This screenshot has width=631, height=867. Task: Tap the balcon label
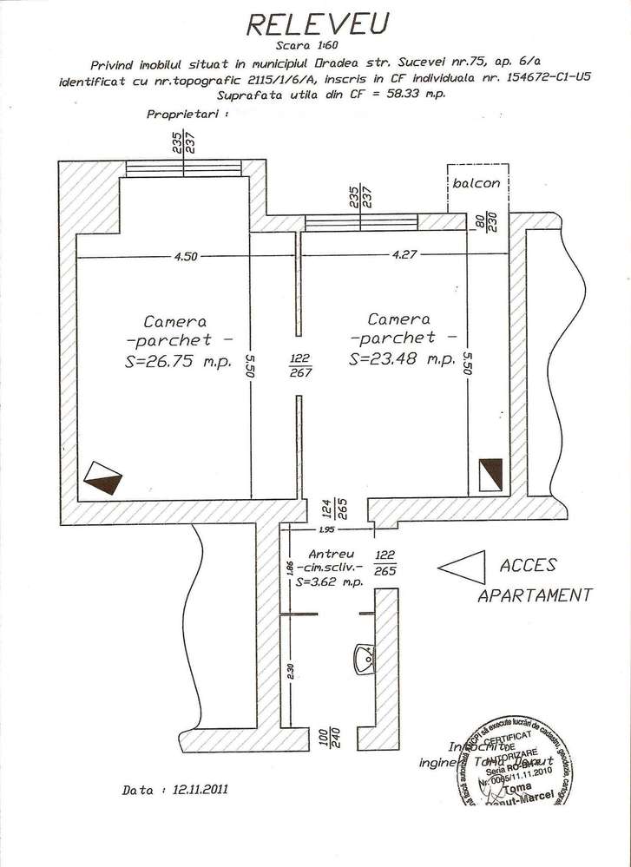pos(477,183)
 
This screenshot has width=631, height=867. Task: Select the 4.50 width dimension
pos(187,255)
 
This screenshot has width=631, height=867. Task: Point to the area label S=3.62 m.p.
pos(329,583)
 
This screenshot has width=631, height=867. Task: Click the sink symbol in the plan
pos(365,659)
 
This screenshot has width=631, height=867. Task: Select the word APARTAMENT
pos(535,596)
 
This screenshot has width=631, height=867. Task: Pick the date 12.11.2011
pos(200,791)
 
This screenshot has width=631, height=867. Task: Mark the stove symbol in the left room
pos(103,476)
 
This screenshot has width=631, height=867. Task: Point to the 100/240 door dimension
pos(328,737)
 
